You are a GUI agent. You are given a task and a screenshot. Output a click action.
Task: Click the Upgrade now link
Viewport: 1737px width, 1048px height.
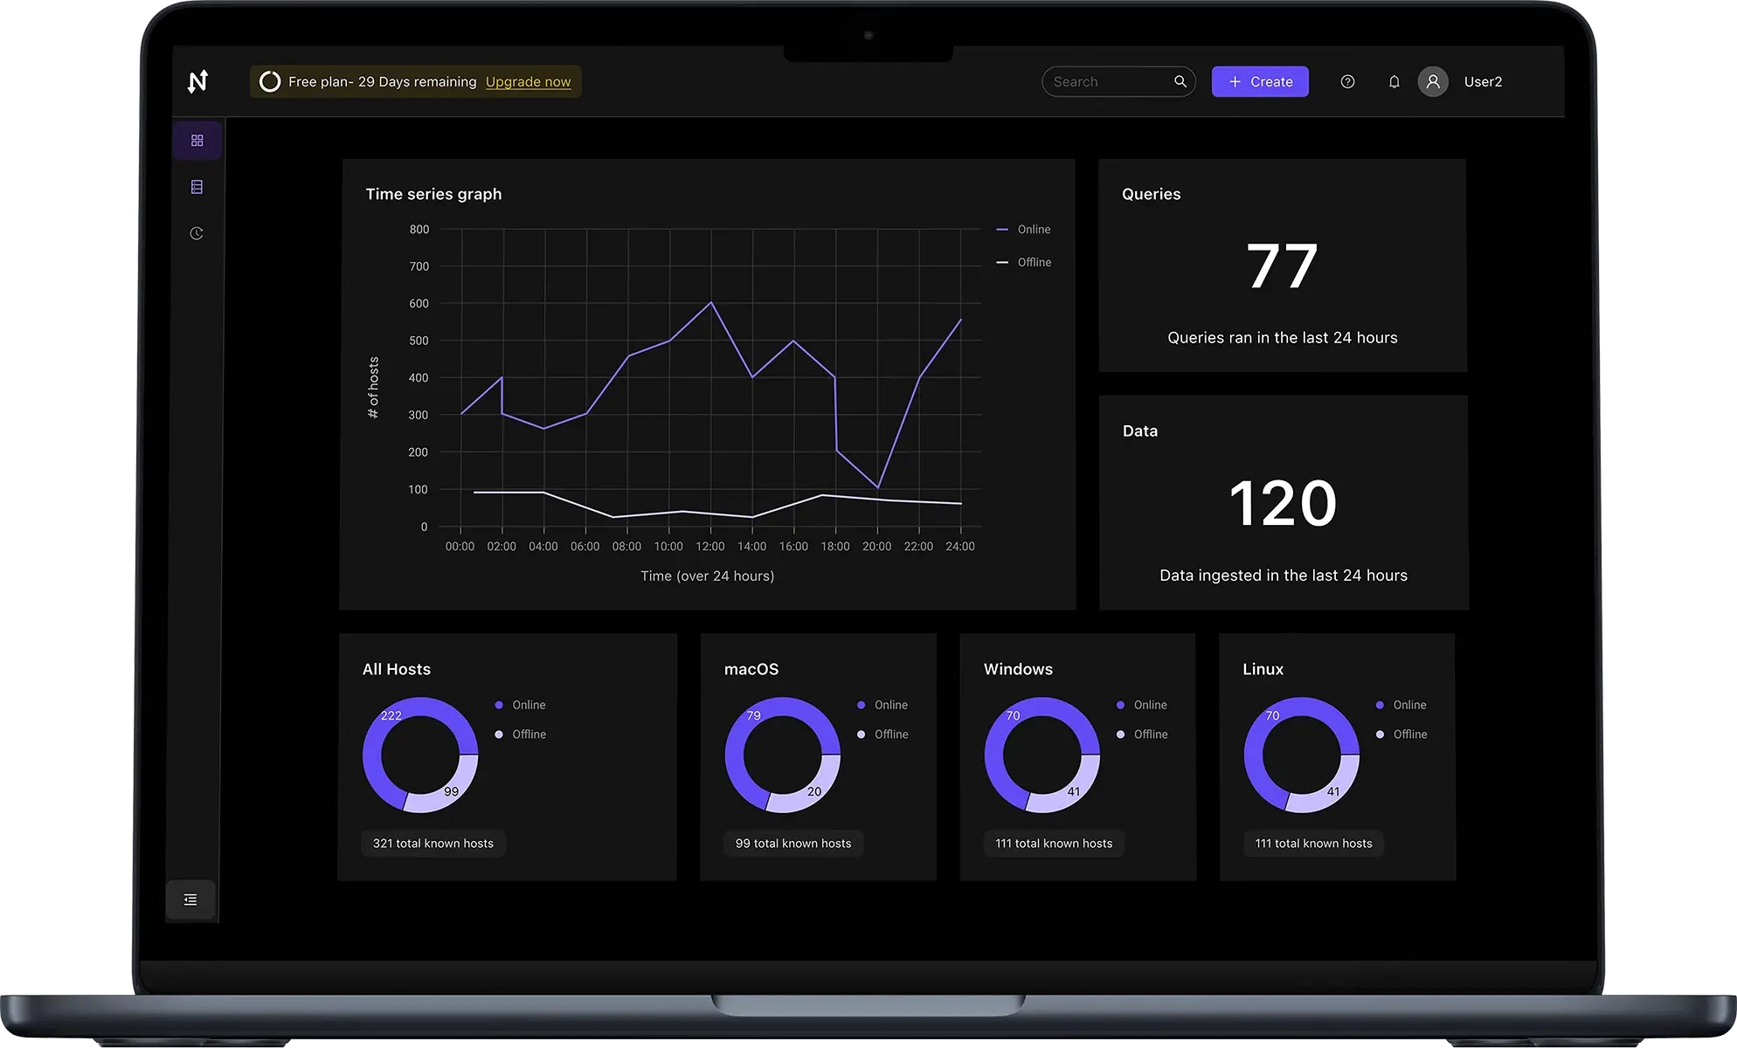(528, 82)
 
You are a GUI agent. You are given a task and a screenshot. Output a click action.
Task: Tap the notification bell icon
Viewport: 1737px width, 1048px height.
(1394, 82)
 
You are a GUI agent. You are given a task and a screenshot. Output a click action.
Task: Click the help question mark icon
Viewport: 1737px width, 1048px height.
(1347, 82)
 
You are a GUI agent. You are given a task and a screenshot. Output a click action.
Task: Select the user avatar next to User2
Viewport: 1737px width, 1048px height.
(1432, 82)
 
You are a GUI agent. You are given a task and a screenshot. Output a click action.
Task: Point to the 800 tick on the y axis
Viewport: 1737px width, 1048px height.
(419, 230)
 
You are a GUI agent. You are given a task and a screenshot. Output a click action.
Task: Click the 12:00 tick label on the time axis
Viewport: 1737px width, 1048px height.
(709, 547)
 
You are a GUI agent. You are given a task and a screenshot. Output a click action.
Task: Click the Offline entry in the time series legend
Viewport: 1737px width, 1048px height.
(1034, 263)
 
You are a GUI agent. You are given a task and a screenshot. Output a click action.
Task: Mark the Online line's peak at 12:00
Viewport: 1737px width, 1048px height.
(711, 303)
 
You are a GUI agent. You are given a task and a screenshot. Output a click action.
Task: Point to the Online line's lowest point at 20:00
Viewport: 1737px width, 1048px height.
(877, 487)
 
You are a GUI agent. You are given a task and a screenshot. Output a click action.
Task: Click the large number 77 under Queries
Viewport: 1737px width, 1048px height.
(1282, 266)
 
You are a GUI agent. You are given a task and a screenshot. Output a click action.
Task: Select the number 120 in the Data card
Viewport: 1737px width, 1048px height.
(1283, 504)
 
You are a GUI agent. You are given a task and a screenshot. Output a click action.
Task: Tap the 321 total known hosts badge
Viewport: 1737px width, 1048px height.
(433, 844)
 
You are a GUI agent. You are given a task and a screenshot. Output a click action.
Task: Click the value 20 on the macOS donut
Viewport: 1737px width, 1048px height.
(813, 792)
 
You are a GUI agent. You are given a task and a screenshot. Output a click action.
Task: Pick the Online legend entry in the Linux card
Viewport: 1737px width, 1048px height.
(1408, 706)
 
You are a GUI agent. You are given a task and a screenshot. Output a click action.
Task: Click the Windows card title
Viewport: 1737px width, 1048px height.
(1018, 670)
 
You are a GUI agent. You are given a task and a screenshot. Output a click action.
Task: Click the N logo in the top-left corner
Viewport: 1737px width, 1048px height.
(198, 82)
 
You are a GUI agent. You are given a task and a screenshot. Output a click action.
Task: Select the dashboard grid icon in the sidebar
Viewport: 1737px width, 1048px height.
(197, 141)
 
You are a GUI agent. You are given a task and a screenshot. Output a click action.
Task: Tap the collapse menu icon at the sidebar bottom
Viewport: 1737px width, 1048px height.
(190, 900)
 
